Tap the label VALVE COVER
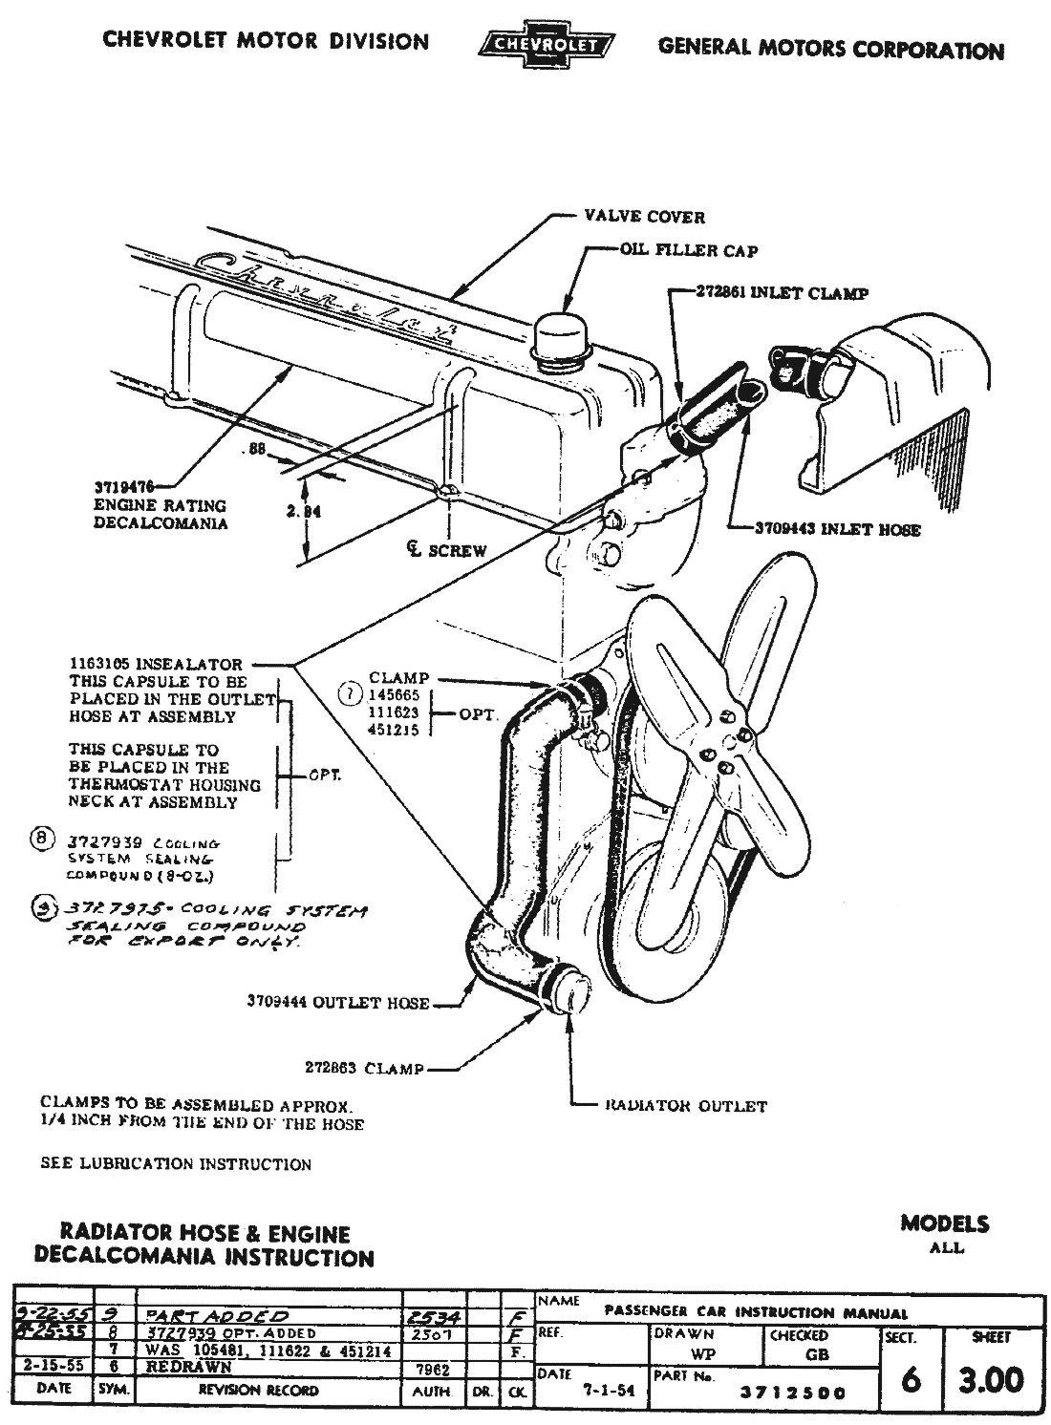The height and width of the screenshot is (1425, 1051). [644, 217]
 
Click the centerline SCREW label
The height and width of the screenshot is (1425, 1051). [445, 550]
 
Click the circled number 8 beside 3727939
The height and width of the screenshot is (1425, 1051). [41, 840]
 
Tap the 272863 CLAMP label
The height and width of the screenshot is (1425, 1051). [364, 1069]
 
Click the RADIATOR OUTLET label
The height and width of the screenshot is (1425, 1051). [685, 1106]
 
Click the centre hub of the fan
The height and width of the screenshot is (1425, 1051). [728, 739]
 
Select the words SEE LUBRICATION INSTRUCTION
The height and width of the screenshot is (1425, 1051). [176, 1164]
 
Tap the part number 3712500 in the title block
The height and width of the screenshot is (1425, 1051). [792, 1393]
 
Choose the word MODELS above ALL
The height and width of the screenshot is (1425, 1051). [944, 1223]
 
